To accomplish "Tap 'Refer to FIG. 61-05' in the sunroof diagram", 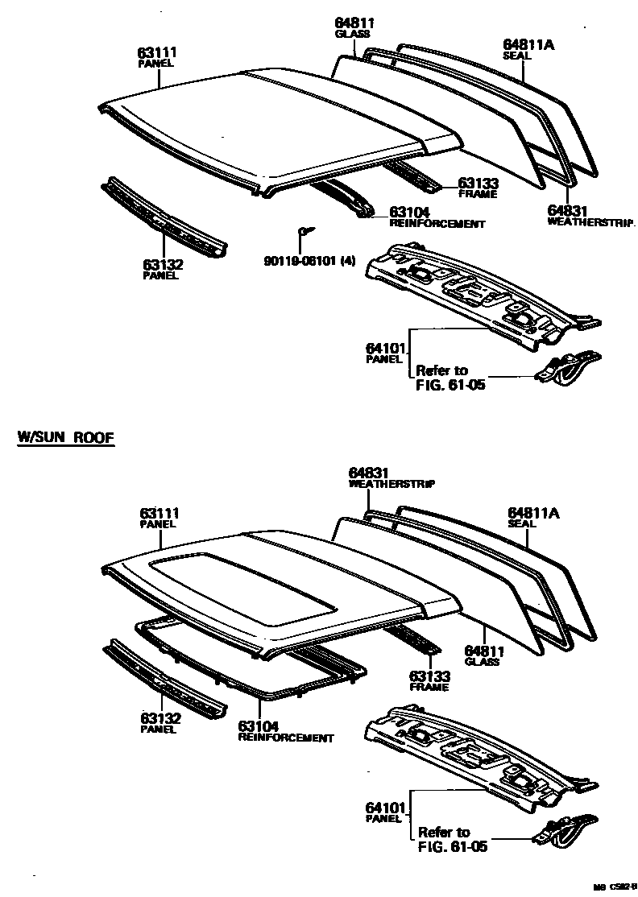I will click(452, 838).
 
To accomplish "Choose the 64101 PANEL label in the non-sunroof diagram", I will click(384, 352).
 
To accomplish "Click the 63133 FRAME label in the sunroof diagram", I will click(429, 680).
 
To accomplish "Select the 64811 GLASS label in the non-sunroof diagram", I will click(353, 28).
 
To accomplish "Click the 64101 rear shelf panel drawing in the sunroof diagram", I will click(475, 753).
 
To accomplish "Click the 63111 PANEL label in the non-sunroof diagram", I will click(157, 56).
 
